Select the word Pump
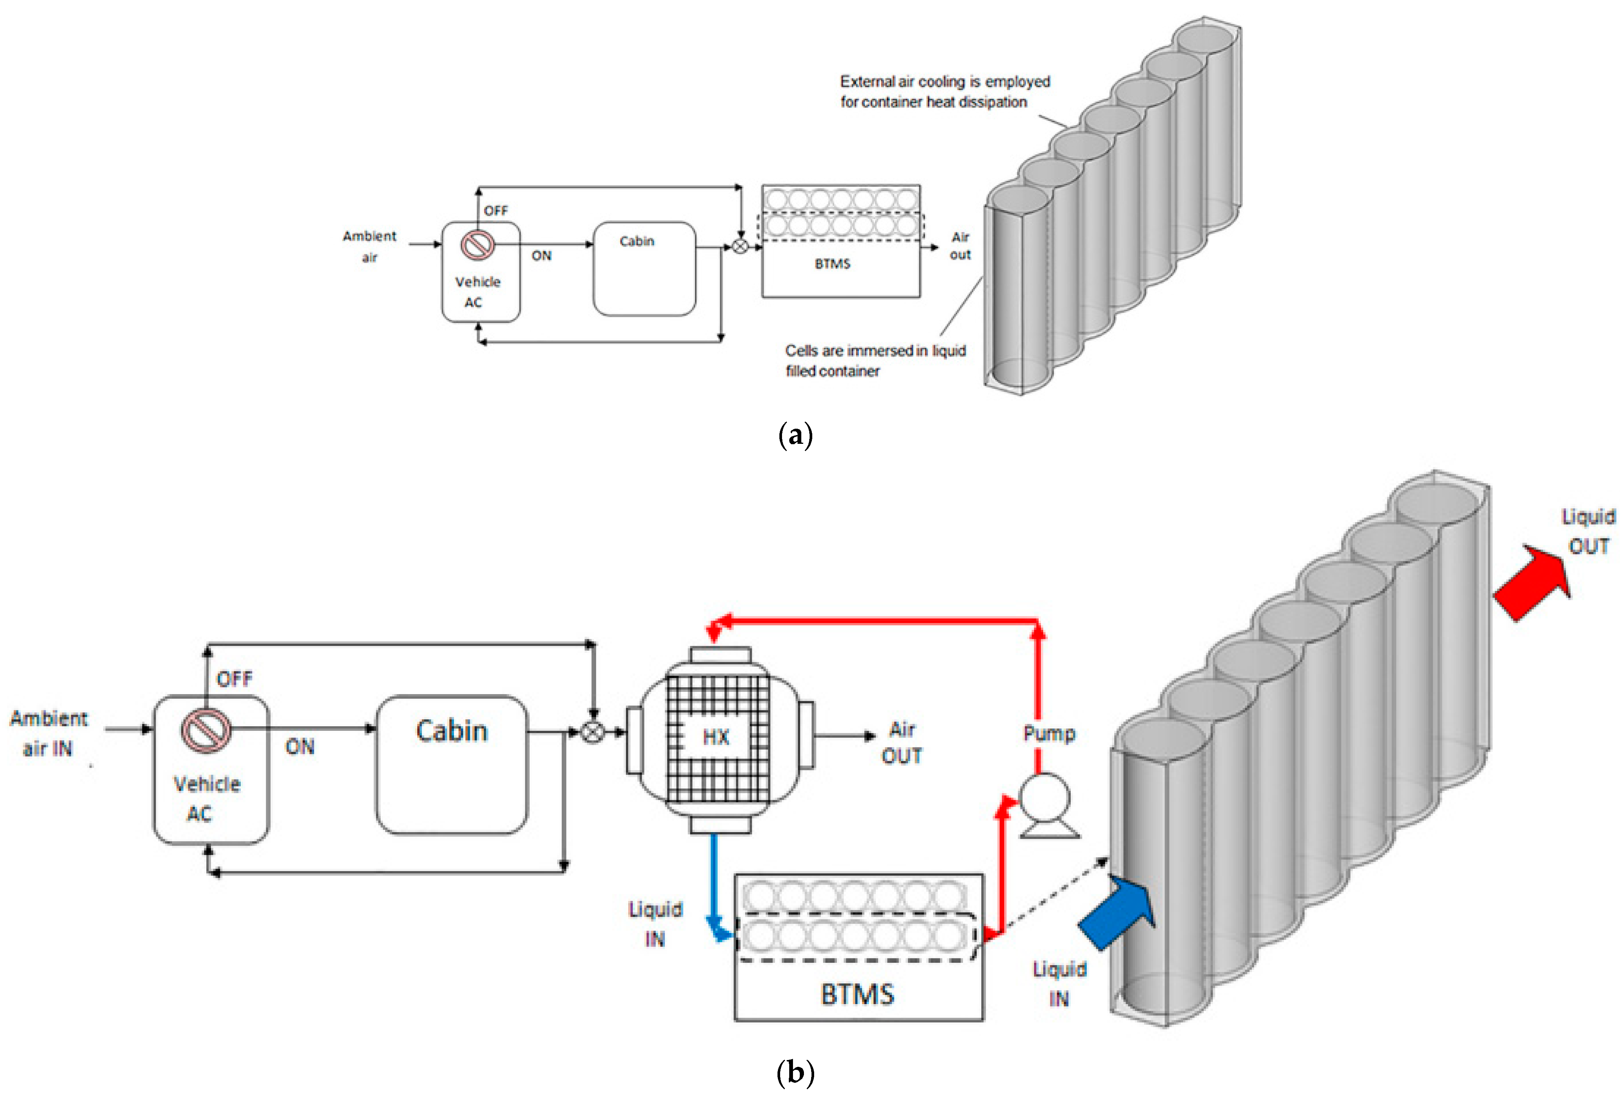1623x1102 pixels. click(x=1049, y=733)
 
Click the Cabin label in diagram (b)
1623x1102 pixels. click(x=451, y=730)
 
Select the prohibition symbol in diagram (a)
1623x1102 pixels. click(x=478, y=245)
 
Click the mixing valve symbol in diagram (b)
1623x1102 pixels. click(x=593, y=732)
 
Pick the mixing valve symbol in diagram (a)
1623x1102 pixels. click(x=740, y=246)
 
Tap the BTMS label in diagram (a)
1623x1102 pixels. click(x=832, y=264)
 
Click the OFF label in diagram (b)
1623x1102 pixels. click(x=234, y=679)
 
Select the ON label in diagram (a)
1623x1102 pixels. click(x=541, y=256)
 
